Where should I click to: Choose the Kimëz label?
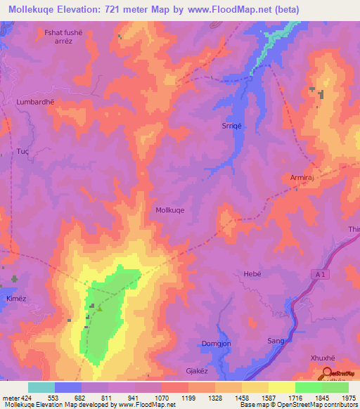pyautogui.click(x=16, y=299)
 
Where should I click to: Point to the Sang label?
pyautogui.click(x=276, y=341)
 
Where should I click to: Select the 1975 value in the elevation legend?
pyautogui.click(x=349, y=398)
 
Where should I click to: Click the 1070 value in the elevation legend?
pyautogui.click(x=162, y=398)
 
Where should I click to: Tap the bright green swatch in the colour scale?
pyautogui.click(x=308, y=387)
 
